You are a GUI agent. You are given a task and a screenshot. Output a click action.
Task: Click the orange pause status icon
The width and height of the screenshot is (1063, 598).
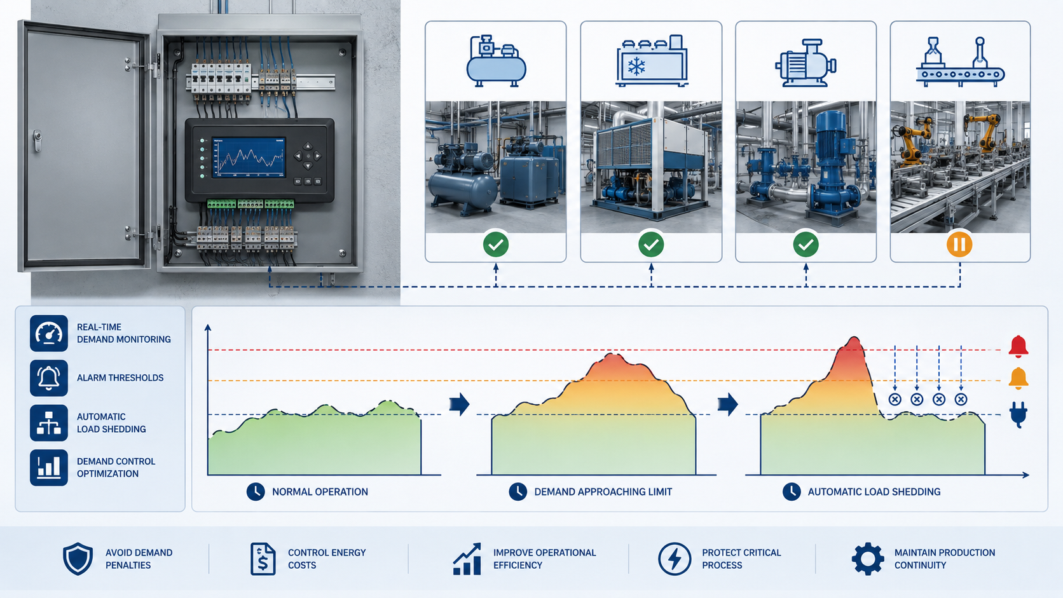tap(959, 245)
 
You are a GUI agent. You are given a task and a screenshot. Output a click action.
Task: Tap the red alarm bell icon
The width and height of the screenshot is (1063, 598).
tap(1018, 346)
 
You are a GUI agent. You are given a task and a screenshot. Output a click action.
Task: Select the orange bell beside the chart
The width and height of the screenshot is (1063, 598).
tap(1018, 378)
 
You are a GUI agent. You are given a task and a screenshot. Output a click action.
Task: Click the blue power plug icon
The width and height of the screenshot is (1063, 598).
tap(1018, 414)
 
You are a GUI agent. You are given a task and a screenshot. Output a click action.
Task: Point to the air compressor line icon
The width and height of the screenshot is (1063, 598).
tap(496, 61)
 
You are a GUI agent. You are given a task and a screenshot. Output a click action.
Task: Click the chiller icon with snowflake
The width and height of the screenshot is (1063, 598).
tap(651, 61)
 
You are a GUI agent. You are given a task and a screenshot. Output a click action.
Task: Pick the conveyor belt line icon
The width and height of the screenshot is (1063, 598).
tap(960, 62)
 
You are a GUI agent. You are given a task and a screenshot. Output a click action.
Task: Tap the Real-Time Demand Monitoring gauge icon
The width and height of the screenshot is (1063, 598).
tap(49, 334)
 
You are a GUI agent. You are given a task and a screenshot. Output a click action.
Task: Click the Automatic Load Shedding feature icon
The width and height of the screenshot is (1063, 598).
tap(49, 423)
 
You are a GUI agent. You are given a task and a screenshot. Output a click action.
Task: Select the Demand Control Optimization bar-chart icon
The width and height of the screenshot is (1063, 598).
tap(49, 468)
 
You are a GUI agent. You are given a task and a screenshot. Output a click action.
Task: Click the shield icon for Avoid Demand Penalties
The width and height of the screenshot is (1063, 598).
tap(78, 559)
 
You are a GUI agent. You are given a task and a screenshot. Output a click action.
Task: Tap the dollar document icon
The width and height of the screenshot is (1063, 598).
tap(263, 559)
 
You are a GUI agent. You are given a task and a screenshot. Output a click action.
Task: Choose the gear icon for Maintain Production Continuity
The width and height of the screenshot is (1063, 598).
tap(867, 559)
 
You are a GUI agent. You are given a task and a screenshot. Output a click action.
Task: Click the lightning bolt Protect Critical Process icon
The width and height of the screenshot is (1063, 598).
tap(675, 559)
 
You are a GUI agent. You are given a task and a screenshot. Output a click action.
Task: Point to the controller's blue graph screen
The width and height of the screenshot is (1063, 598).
tap(249, 158)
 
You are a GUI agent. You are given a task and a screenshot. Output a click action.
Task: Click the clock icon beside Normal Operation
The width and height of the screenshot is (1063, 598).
tap(256, 492)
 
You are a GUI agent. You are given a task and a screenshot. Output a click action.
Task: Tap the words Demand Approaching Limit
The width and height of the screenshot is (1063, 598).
tap(603, 492)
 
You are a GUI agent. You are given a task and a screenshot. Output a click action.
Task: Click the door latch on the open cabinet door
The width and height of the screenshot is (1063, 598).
tap(37, 140)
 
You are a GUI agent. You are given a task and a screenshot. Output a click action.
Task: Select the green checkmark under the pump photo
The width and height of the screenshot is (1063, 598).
tap(806, 245)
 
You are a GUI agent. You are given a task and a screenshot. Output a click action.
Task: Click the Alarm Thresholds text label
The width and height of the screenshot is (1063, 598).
tap(120, 378)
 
